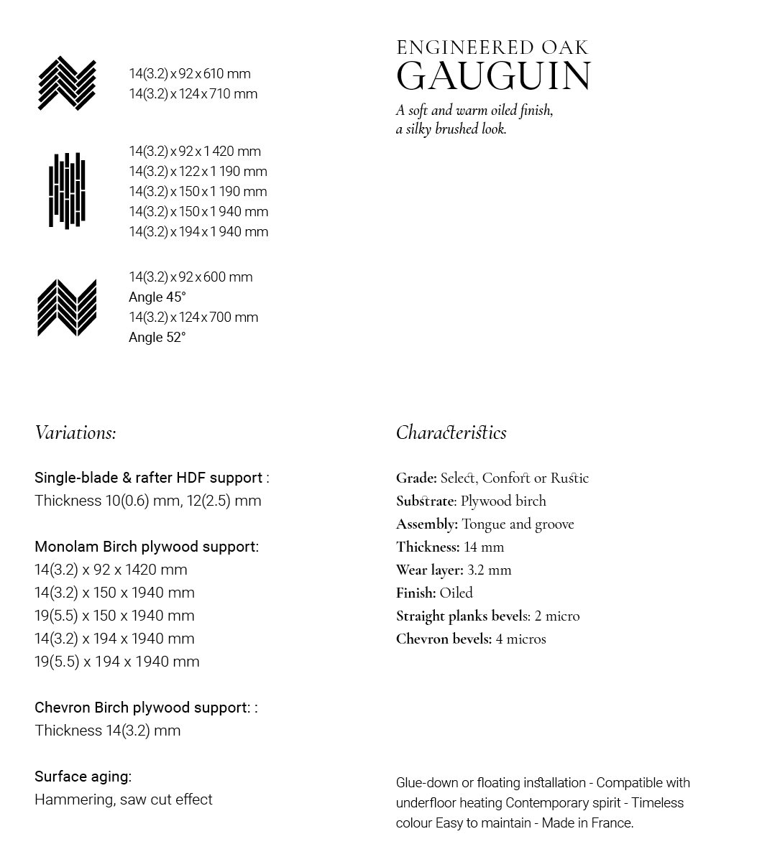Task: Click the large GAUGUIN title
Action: (493, 76)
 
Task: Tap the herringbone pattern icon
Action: (67, 83)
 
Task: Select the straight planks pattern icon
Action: (67, 190)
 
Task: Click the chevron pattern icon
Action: (67, 307)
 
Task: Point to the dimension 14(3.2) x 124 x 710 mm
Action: (193, 94)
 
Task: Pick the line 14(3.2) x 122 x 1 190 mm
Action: (198, 172)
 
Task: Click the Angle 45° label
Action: (157, 297)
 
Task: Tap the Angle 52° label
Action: (157, 338)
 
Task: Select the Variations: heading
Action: (75, 432)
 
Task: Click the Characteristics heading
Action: (451, 432)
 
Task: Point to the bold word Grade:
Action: (416, 478)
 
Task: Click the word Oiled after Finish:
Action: (456, 593)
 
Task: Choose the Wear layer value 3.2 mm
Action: (489, 570)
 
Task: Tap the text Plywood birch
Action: (503, 501)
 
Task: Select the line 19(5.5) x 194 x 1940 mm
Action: (116, 662)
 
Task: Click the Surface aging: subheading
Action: (83, 777)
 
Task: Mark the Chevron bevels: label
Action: (444, 639)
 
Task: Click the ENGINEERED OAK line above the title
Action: (492, 48)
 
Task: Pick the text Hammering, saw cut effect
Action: (123, 800)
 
